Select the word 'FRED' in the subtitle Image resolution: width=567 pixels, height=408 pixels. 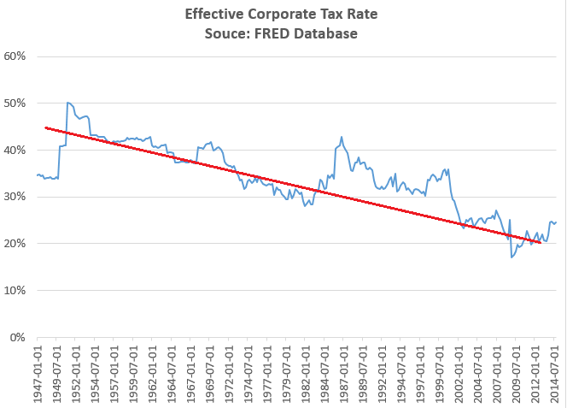[287, 33]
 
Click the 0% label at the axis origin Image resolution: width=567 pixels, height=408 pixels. [20, 338]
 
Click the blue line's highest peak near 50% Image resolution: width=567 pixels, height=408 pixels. [67, 103]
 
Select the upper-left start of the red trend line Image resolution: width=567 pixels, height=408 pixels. [46, 127]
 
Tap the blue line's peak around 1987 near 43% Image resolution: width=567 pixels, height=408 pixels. [342, 137]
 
